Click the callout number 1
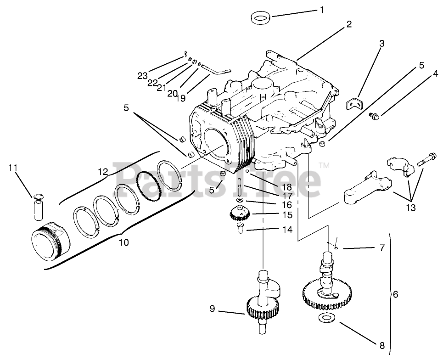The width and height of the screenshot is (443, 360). click(321, 10)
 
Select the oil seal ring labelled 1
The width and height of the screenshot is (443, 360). click(261, 19)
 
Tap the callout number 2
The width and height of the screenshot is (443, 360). click(349, 24)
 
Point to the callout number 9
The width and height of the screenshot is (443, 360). click(212, 309)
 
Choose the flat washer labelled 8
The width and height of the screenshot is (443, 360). click(326, 318)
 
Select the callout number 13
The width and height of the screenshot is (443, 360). click(410, 208)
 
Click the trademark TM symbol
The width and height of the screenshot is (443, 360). click(324, 164)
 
